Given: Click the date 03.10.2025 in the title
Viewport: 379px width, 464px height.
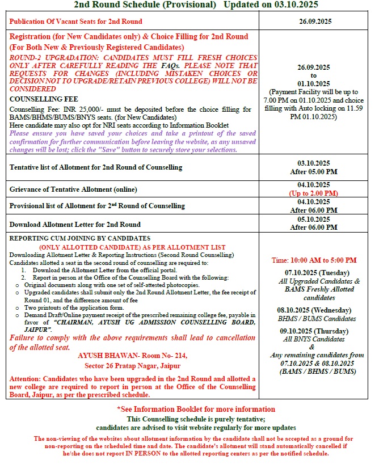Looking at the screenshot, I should [294, 5].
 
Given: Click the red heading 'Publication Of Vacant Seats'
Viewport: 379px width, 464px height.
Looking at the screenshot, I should [76, 22].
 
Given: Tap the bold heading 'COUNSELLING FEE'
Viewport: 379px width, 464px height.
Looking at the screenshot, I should [39, 98].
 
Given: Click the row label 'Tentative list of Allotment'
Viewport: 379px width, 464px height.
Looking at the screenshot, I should [96, 167].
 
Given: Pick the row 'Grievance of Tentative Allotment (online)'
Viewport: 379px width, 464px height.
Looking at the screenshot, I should [73, 189].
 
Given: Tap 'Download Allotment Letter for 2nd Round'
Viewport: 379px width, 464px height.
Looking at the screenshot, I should [75, 224].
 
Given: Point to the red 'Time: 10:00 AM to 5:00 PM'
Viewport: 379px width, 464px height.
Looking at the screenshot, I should [314, 260].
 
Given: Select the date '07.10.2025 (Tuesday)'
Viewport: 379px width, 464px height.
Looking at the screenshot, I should [315, 273].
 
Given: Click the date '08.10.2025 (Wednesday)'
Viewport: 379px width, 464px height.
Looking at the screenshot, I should [315, 310].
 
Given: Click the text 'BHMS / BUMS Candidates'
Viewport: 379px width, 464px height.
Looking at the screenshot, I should [315, 318].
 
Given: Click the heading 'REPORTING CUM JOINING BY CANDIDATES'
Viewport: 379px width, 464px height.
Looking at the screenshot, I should [80, 238].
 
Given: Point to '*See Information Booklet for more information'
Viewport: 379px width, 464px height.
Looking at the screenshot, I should [187, 408].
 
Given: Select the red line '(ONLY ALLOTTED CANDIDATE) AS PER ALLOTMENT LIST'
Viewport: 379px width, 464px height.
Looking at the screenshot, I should [132, 247].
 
